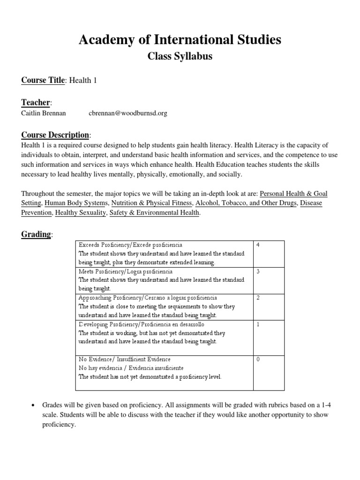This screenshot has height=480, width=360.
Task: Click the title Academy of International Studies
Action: coord(180,40)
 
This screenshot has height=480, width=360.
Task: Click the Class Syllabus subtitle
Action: coord(180,57)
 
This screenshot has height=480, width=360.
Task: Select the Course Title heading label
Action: coord(43,80)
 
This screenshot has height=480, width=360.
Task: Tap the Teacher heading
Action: coord(36,102)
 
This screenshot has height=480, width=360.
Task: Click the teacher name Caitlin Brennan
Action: coord(44,113)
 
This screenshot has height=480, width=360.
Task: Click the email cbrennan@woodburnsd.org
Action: coord(127,113)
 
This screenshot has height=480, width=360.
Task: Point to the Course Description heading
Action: coord(55,135)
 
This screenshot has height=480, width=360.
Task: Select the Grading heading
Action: coord(36,234)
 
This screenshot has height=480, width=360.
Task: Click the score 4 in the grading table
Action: coord(258,245)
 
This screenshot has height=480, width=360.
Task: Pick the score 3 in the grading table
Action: coord(258,271)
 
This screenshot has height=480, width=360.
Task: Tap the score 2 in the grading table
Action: coord(258,298)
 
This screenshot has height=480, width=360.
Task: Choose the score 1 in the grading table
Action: coord(258,324)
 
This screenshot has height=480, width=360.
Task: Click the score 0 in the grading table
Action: coord(258,359)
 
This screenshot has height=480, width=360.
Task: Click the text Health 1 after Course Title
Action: coord(83,81)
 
